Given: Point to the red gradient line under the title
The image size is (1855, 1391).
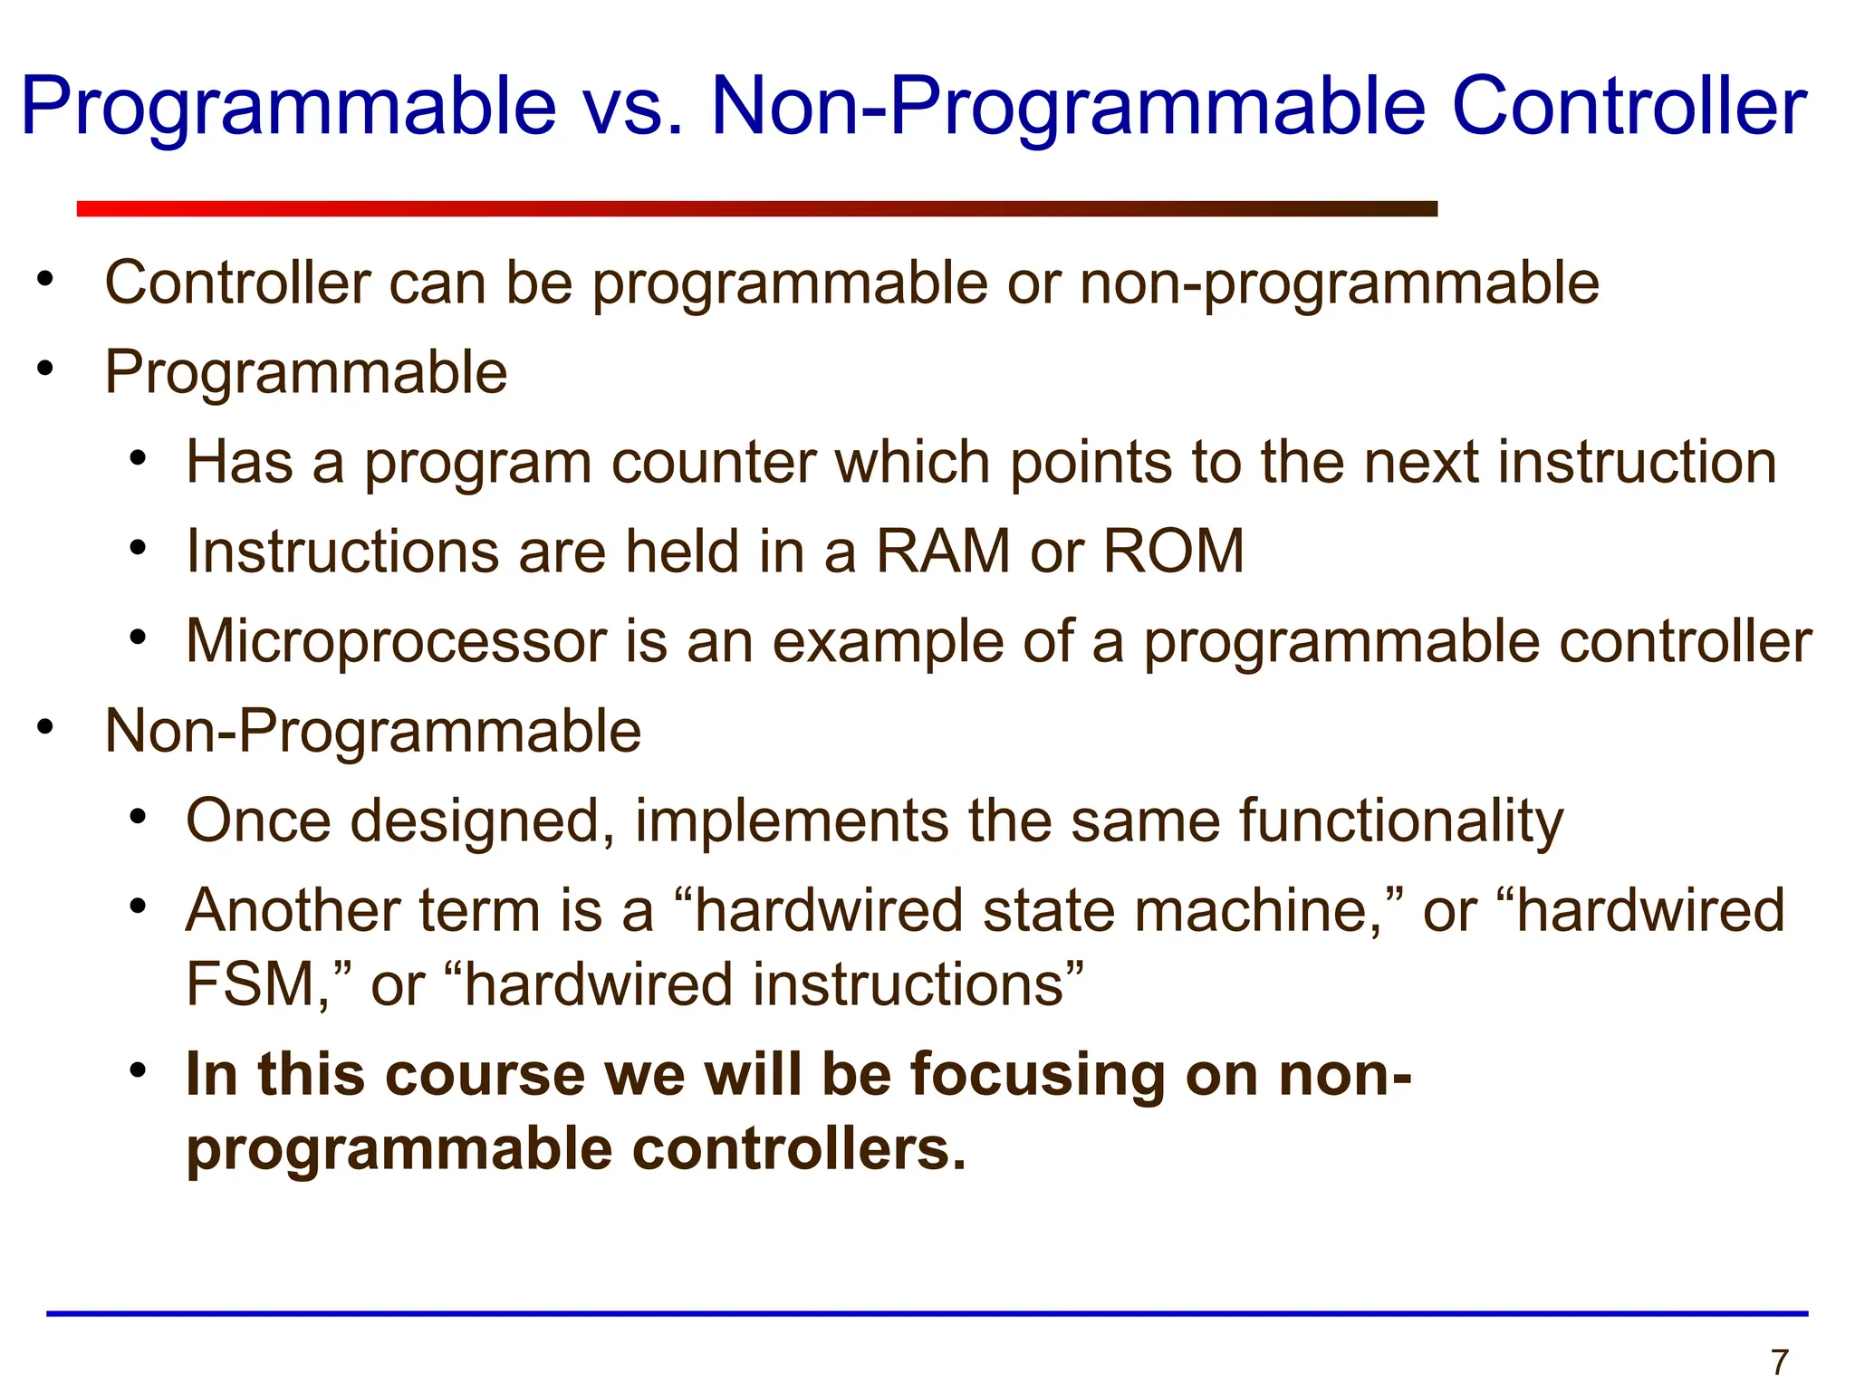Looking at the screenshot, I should click(756, 209).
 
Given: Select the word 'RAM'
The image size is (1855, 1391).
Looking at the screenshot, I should click(943, 552).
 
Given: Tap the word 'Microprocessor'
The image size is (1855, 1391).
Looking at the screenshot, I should click(396, 642).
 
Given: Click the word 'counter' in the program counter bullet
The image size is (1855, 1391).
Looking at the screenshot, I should click(713, 463).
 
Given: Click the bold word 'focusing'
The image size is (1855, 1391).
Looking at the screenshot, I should click(1038, 1075).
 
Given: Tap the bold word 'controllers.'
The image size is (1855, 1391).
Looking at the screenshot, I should click(799, 1149).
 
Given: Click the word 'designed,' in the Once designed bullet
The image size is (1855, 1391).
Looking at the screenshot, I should click(483, 821).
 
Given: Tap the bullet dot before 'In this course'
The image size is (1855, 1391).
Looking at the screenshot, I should click(138, 1071).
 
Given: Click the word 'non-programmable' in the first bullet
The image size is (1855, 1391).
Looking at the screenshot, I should click(1339, 283).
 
